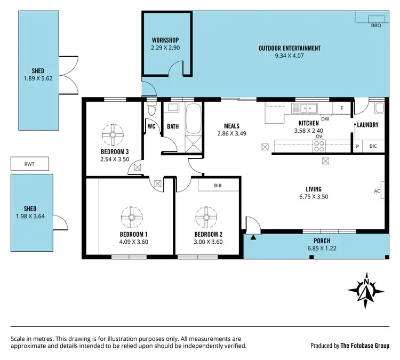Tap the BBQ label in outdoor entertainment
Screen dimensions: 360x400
pos(376,25)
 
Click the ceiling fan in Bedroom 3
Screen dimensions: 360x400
pos(113,134)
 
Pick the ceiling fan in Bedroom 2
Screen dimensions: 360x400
pos(206,217)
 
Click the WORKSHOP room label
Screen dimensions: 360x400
pos(165,41)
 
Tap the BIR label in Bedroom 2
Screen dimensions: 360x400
pos(218,186)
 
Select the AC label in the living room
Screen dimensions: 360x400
pos(377,190)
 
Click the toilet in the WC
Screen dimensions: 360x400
pos(151,111)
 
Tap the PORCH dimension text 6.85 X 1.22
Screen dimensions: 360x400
pos(322,249)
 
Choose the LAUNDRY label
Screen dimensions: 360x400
pos(368,125)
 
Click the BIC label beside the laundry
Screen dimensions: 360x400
pos(373,146)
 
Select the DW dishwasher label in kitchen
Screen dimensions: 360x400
pos(325,119)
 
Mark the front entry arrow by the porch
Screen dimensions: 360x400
pos(253,237)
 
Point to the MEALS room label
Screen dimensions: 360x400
pos(231,126)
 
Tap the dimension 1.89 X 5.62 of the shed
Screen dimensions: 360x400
pos(37,78)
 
